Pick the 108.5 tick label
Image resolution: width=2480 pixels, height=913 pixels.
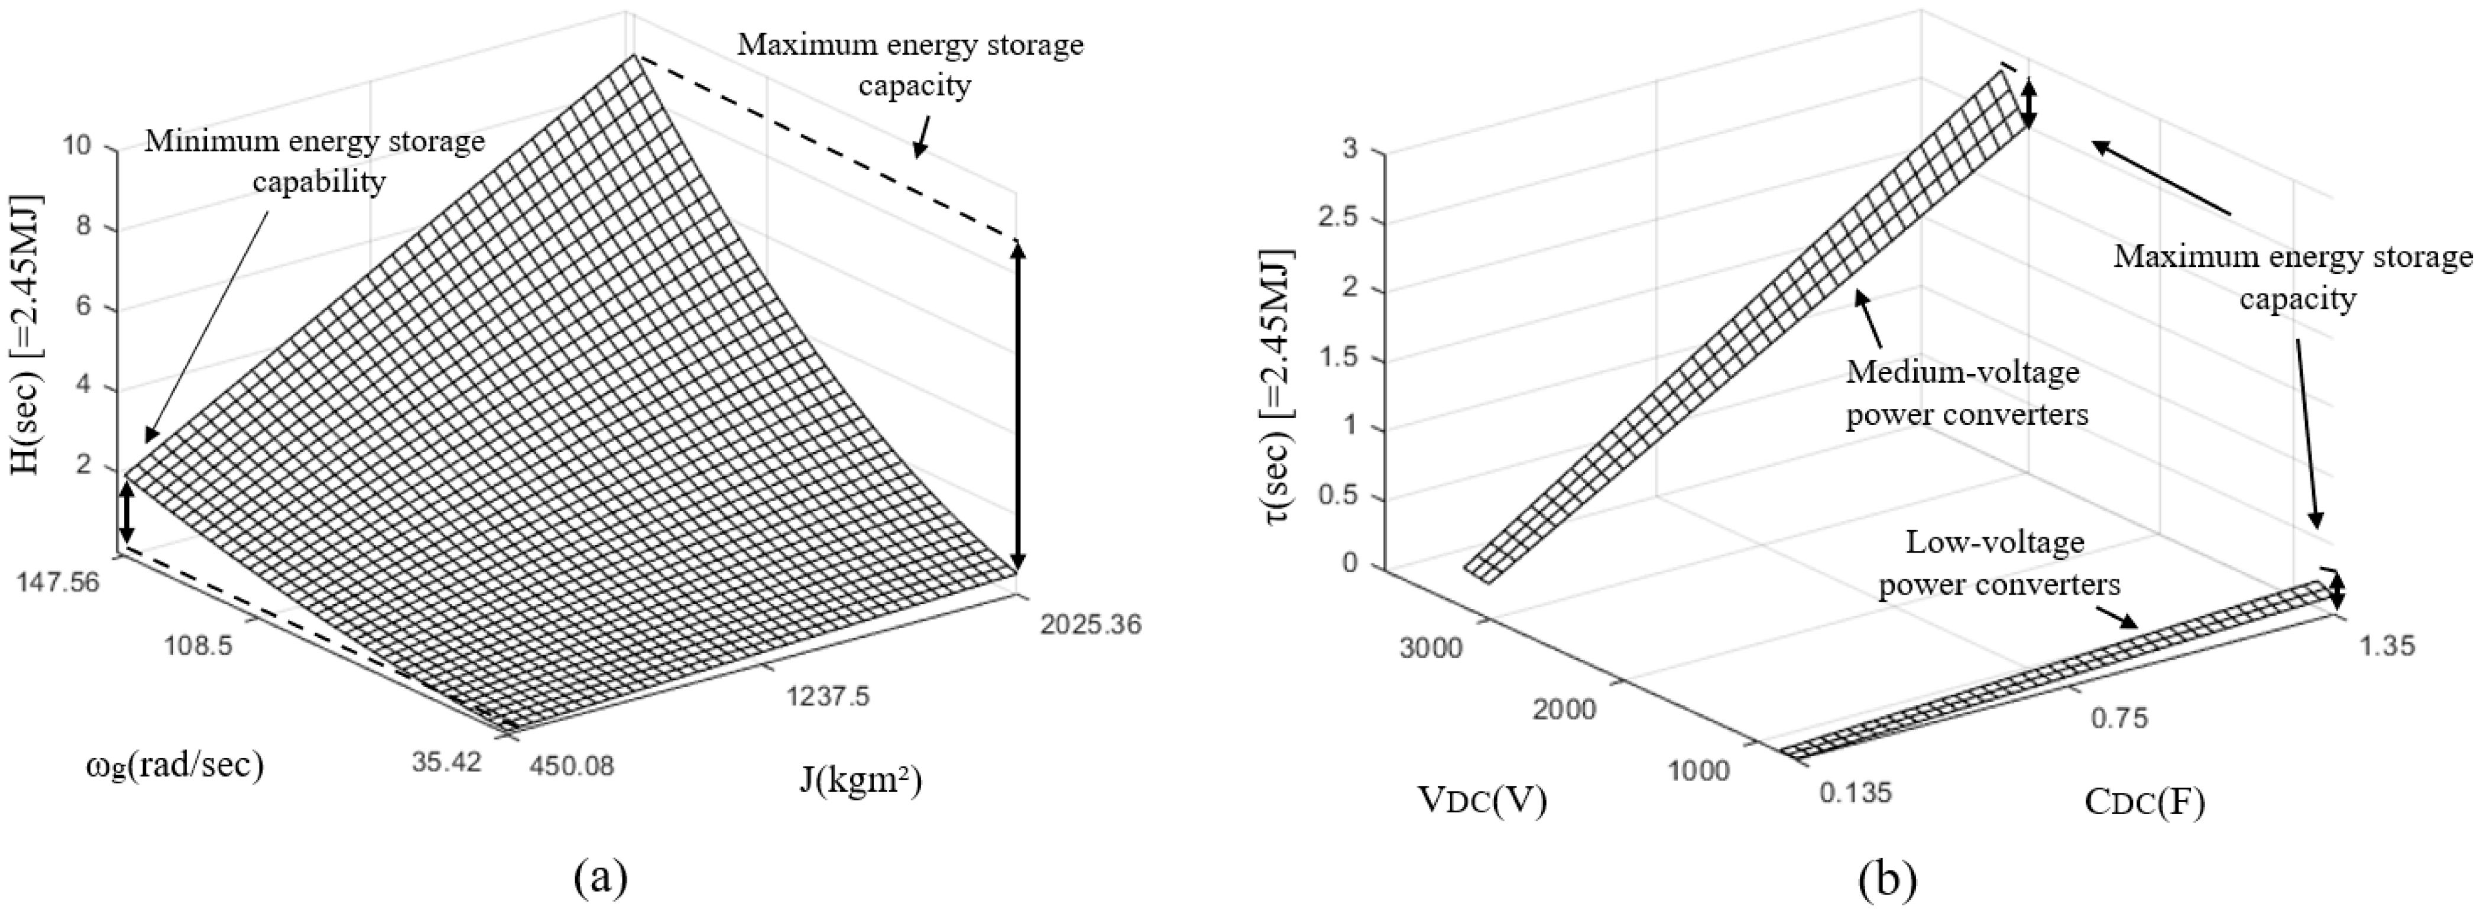click(x=193, y=646)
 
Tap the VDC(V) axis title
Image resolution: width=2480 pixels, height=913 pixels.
click(x=1481, y=801)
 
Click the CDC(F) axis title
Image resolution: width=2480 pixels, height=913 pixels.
click(x=2144, y=802)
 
